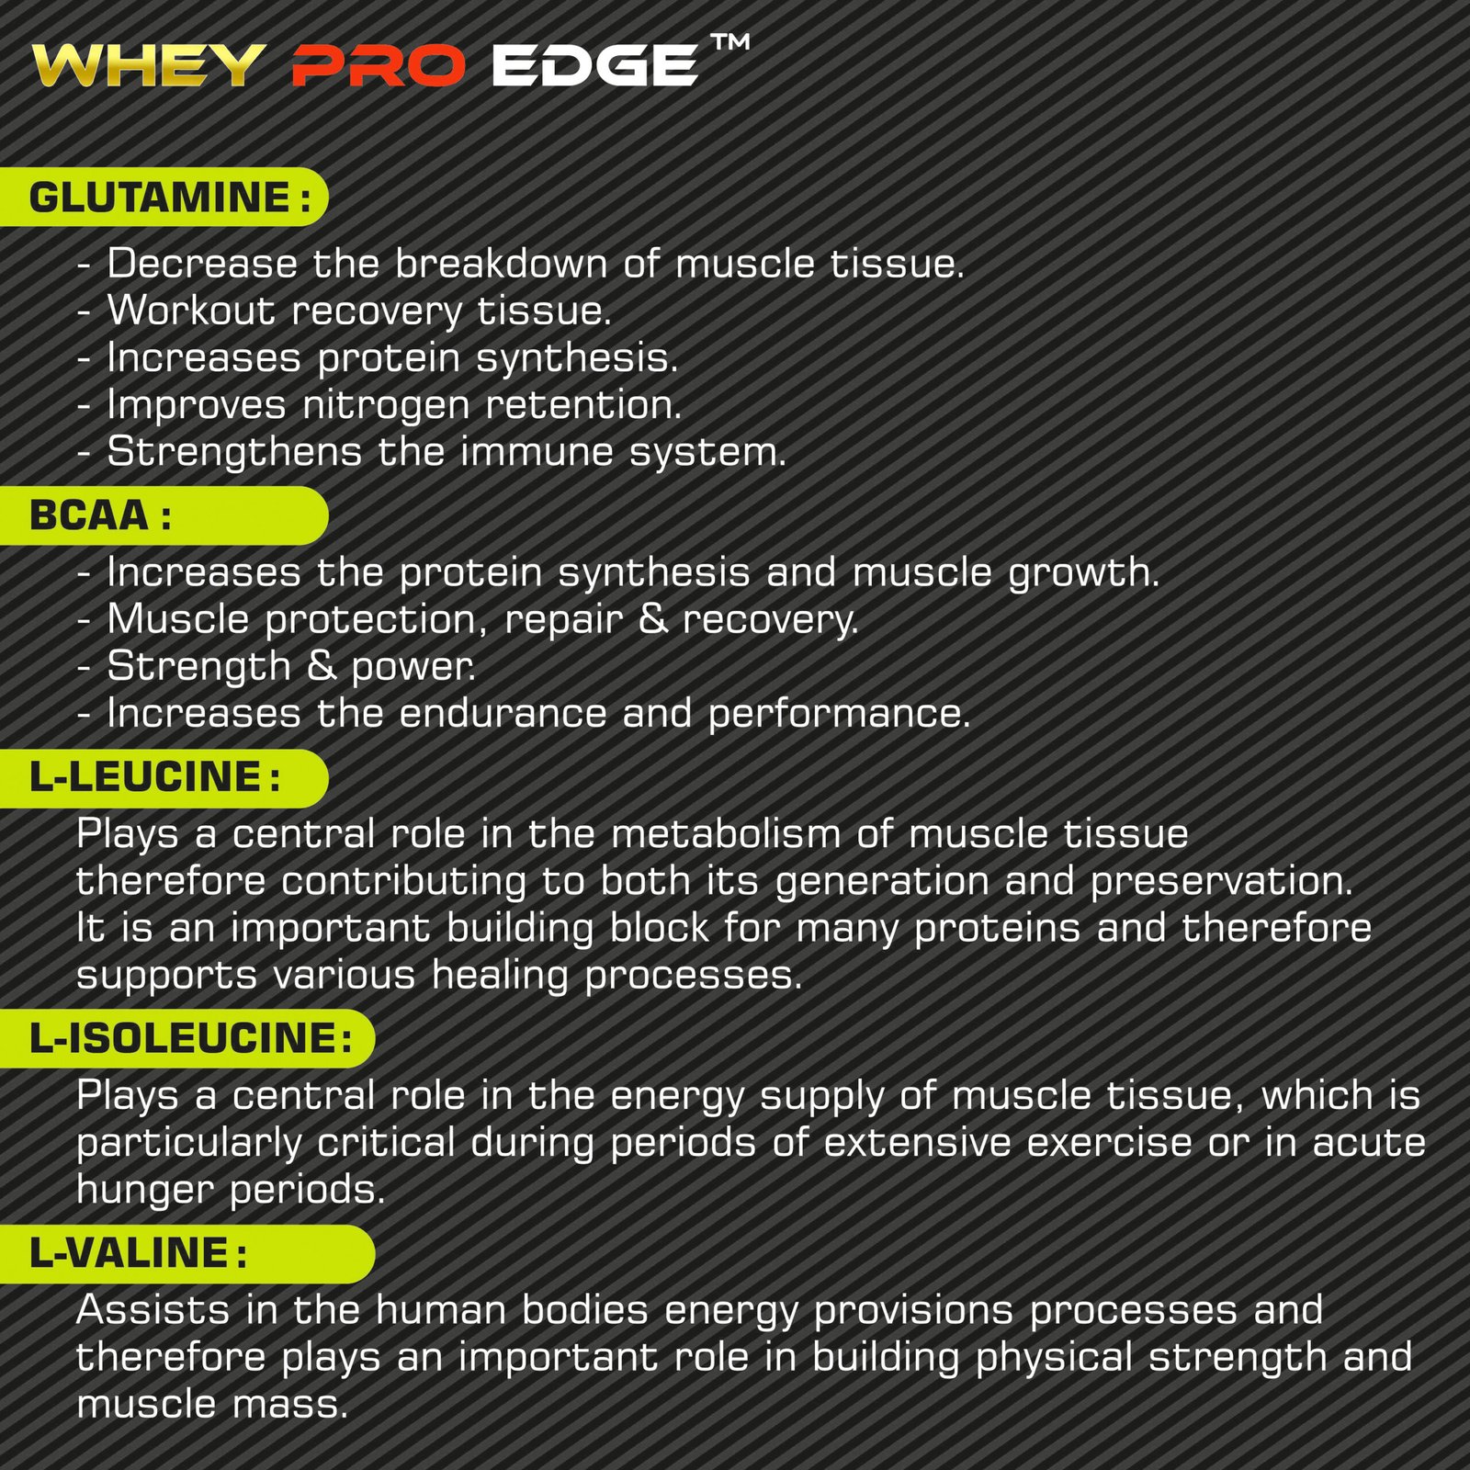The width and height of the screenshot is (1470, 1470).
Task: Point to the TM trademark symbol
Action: tap(730, 42)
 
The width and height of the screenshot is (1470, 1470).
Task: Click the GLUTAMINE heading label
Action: tap(160, 198)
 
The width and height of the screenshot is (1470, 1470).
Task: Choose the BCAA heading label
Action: tap(89, 515)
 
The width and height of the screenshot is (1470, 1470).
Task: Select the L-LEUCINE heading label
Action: tap(146, 777)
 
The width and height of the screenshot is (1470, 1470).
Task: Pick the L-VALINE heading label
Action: tap(130, 1253)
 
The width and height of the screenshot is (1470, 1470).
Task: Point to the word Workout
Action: tap(191, 311)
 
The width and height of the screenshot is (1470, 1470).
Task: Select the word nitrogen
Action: tap(386, 405)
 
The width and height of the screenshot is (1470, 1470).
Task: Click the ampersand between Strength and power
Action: tap(322, 666)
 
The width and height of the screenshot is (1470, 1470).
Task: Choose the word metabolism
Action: tap(726, 834)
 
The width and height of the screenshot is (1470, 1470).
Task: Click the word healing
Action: tap(500, 975)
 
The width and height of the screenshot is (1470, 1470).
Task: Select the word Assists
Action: tap(153, 1310)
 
